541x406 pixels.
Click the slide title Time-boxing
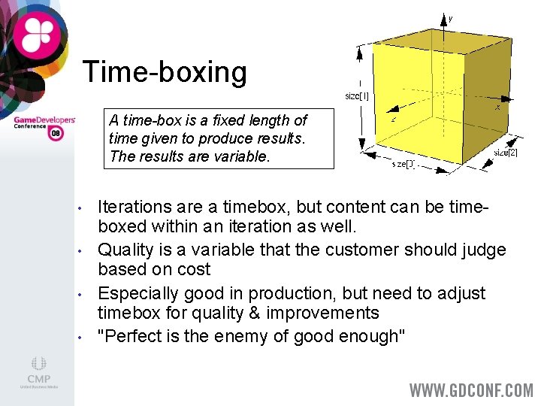(x=165, y=72)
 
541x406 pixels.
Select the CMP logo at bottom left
(x=38, y=373)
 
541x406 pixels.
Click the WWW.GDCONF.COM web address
(x=471, y=390)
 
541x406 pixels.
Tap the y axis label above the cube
(x=450, y=18)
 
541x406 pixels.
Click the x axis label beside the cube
(x=497, y=108)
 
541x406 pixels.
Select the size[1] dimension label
(x=357, y=96)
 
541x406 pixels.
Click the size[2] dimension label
(x=505, y=153)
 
